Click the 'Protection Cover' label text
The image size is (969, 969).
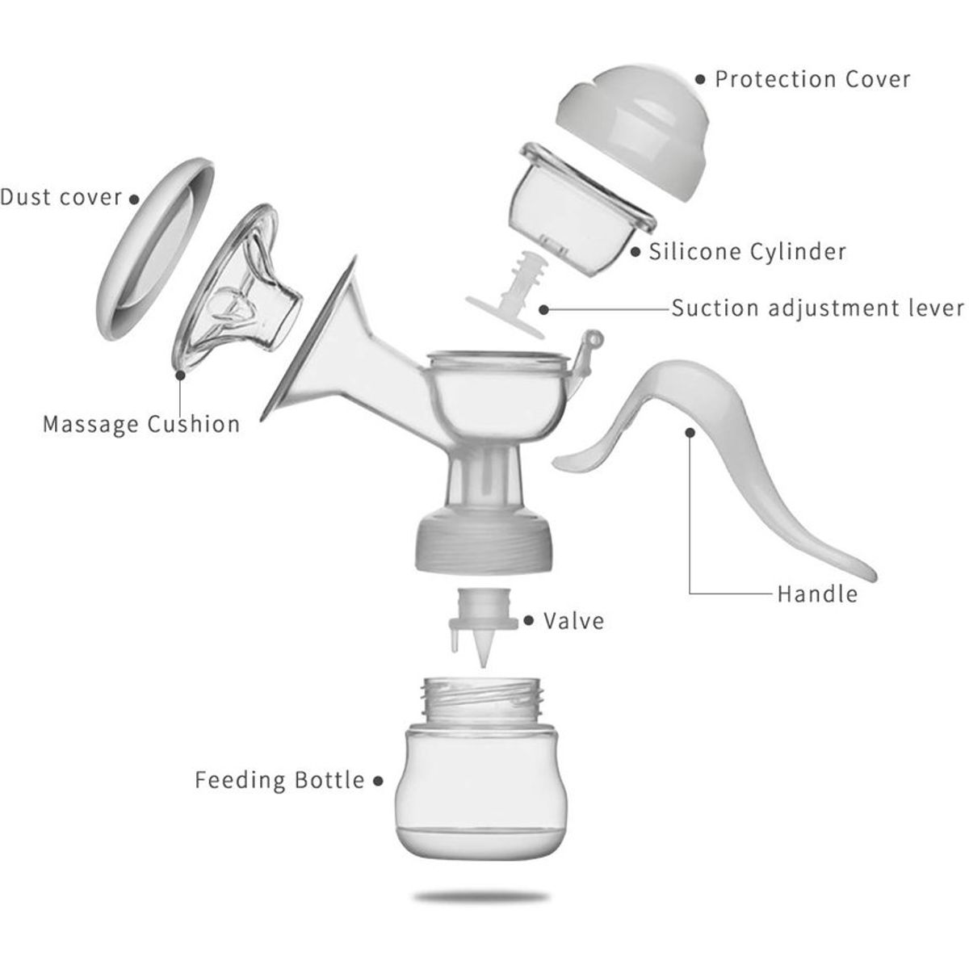click(x=812, y=79)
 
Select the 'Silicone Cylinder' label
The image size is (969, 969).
click(x=748, y=251)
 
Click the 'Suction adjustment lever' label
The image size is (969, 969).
click(x=818, y=308)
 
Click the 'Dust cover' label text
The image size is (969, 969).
click(x=61, y=197)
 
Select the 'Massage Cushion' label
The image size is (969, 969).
click(x=141, y=424)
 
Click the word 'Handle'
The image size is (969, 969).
click(x=817, y=595)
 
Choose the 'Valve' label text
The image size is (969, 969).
click(x=573, y=621)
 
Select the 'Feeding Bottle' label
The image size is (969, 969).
click(x=279, y=780)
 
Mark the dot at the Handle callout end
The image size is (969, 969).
click(x=690, y=433)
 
